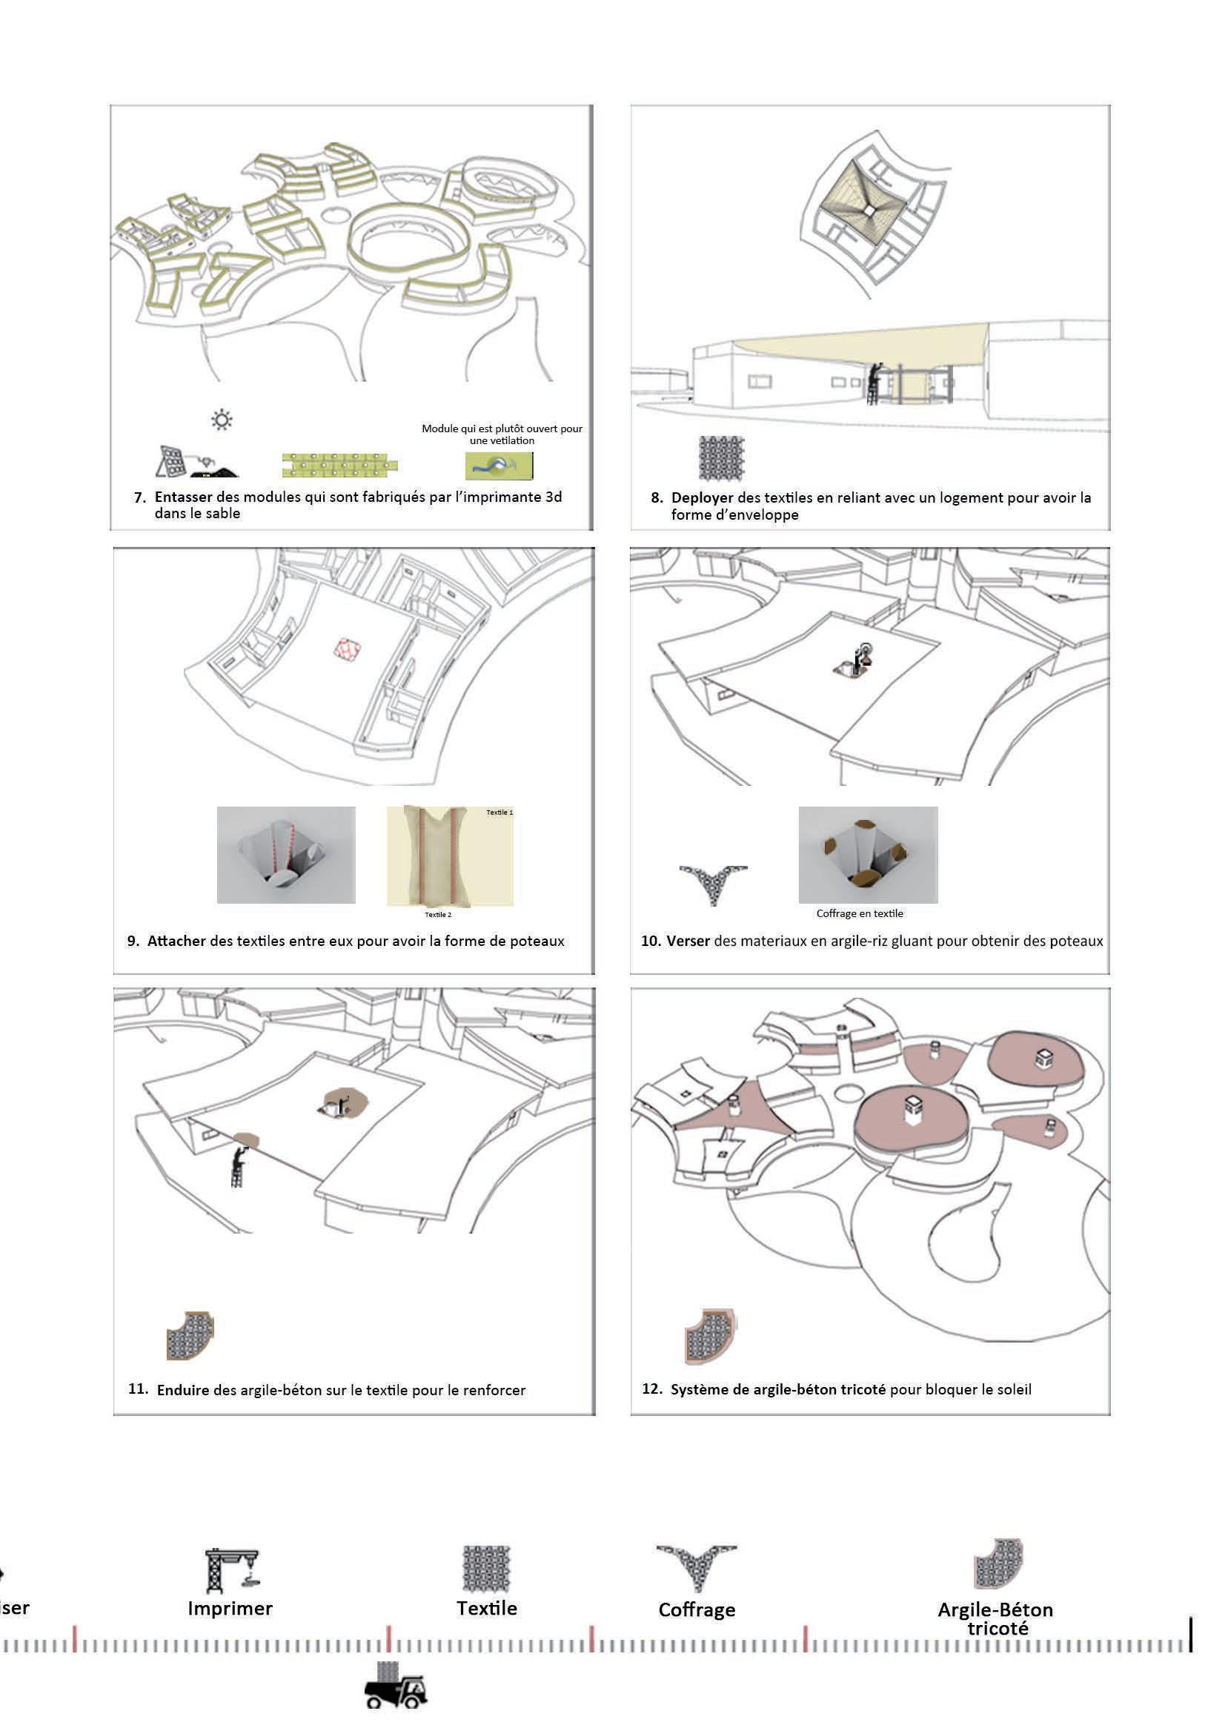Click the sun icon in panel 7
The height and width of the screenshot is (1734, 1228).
pyautogui.click(x=222, y=420)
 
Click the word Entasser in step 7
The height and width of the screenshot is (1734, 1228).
pyautogui.click(x=183, y=497)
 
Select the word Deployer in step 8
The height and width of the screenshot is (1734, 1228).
pyautogui.click(x=702, y=497)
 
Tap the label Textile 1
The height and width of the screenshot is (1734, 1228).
pyautogui.click(x=499, y=813)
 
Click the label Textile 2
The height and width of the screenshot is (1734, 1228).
pyautogui.click(x=438, y=914)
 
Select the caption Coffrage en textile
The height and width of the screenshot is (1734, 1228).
pyautogui.click(x=860, y=913)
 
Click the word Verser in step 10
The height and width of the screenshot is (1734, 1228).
pyautogui.click(x=688, y=941)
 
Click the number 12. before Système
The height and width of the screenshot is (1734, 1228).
pyautogui.click(x=652, y=1389)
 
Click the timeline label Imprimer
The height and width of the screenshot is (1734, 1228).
pyautogui.click(x=230, y=1608)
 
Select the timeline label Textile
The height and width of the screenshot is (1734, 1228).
pyautogui.click(x=486, y=1608)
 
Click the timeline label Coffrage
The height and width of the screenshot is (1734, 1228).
pyautogui.click(x=697, y=1609)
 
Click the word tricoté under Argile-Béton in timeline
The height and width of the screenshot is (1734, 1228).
pyautogui.click(x=998, y=1628)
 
